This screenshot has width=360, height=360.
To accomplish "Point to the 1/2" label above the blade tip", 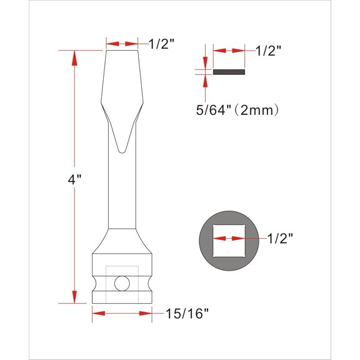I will point(161,43).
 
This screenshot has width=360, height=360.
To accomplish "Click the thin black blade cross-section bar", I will point(229,72).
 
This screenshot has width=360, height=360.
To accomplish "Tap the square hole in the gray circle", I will point(229,238).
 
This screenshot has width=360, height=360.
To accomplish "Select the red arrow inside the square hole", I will point(229,238).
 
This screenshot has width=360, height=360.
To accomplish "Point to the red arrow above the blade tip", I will point(122,44).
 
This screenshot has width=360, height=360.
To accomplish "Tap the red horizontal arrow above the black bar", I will point(229,51).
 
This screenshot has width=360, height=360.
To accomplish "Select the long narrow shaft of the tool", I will point(122,187).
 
